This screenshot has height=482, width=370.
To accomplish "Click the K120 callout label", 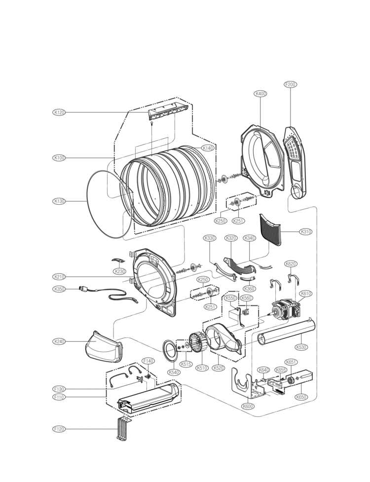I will click(59, 112).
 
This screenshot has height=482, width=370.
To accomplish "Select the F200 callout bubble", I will click(291, 84).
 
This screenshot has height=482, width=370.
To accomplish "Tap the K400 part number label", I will click(260, 93).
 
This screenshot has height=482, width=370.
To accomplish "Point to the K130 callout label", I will click(59, 201).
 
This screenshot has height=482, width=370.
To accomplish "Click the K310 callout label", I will click(306, 231).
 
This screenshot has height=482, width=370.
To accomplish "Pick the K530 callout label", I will click(301, 347).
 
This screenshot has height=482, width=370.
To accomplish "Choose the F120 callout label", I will click(59, 429).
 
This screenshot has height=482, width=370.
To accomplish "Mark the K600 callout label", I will click(248, 406).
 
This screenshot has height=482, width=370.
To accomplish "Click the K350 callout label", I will click(59, 289).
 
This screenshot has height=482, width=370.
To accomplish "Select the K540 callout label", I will click(173, 372).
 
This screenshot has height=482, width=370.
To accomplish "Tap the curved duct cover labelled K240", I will click(102, 347).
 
